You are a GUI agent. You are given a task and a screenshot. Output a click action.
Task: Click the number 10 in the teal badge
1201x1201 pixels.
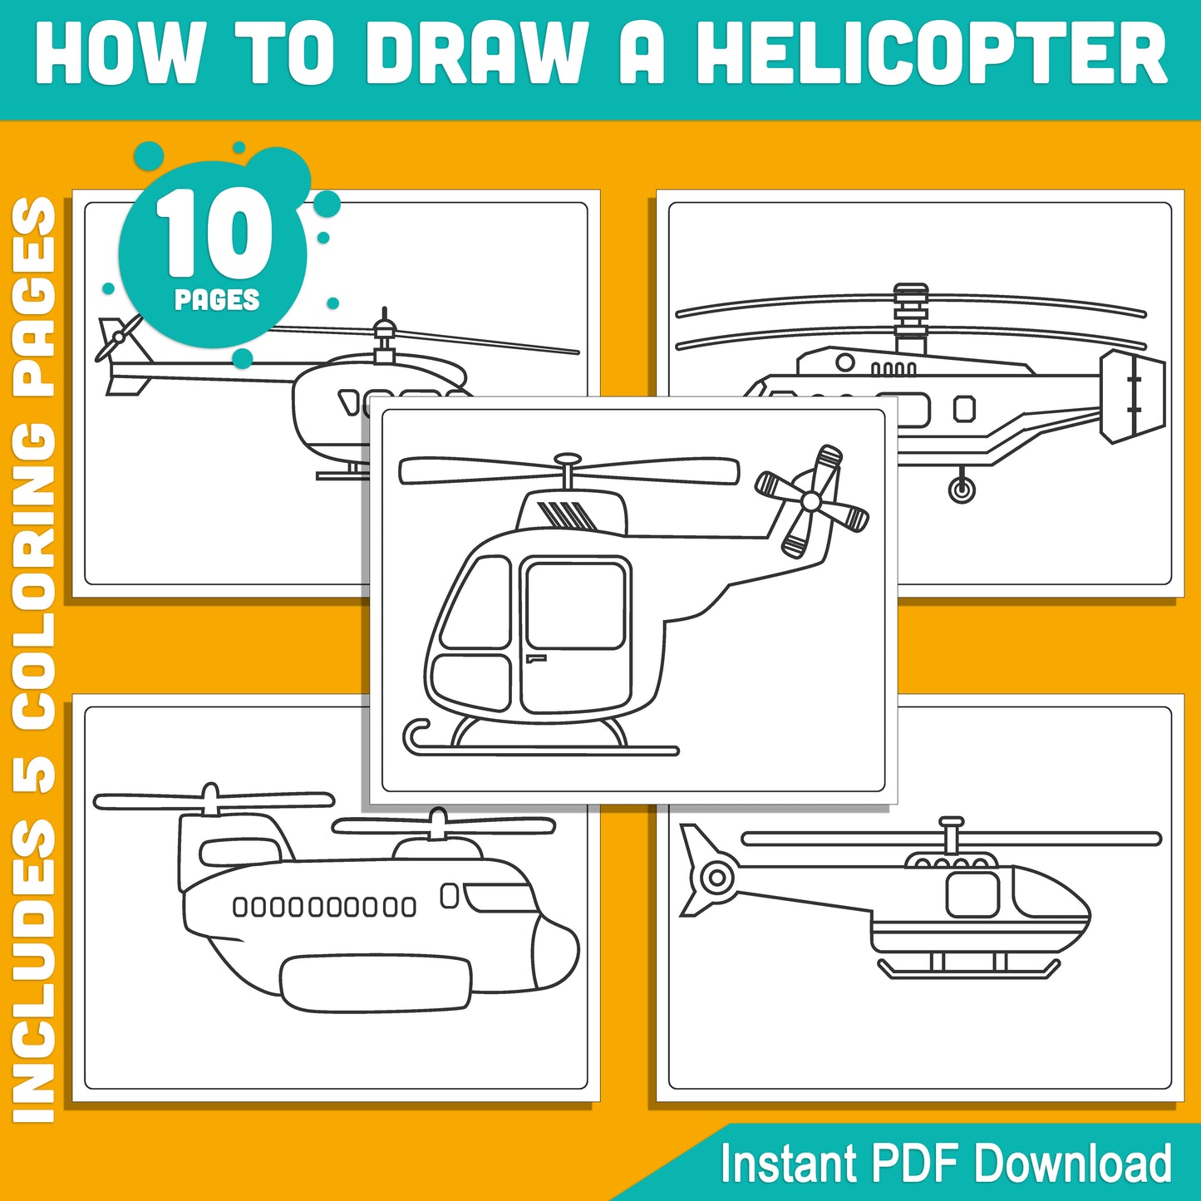coord(214,234)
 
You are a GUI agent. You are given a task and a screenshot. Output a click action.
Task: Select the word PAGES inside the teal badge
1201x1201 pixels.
coord(217,300)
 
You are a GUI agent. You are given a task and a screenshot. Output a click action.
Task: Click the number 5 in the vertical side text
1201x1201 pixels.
coord(35,770)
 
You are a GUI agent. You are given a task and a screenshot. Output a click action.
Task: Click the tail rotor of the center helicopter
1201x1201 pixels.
coord(811,501)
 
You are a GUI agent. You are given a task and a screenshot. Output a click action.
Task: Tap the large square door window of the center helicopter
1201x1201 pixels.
coord(575,605)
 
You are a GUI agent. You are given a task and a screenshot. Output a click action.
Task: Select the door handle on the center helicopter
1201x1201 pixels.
coord(535,659)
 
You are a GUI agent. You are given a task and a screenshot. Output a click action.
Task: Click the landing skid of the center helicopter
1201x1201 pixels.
coord(540,751)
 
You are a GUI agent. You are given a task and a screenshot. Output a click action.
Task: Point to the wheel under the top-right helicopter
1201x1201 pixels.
coord(962,490)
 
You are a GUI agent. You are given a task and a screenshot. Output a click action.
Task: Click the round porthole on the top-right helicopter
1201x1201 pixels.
coord(845,362)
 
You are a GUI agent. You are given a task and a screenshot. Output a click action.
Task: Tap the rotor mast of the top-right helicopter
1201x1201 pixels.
coord(911,320)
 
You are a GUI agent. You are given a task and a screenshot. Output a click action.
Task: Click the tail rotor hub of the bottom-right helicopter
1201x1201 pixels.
coord(716,876)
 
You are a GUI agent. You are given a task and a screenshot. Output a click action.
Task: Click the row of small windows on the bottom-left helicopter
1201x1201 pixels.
coord(324,907)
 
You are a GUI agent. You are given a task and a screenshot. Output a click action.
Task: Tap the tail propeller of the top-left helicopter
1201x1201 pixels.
coord(118,337)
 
